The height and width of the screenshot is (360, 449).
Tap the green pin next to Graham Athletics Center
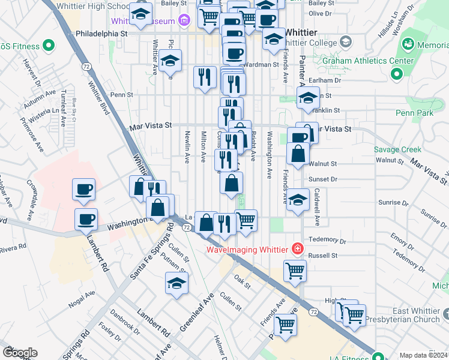click(396, 74)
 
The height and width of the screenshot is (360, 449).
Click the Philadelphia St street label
click(98, 34)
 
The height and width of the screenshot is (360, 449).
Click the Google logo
click(20, 353)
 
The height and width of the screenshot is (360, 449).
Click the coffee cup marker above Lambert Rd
click(86, 220)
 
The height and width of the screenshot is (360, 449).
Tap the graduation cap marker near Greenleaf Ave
click(176, 284)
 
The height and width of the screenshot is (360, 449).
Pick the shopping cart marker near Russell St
click(295, 271)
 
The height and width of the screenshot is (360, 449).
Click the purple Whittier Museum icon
click(184, 21)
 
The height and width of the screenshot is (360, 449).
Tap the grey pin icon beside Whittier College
click(345, 41)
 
